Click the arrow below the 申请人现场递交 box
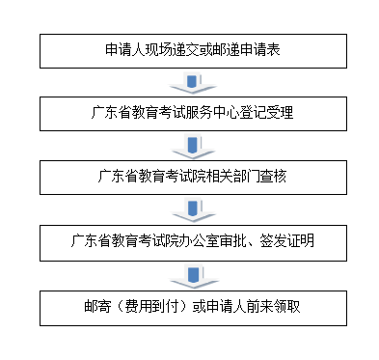193,82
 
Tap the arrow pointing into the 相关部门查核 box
193,146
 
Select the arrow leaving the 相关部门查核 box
193,209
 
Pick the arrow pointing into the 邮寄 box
193,273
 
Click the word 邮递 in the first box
213,50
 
